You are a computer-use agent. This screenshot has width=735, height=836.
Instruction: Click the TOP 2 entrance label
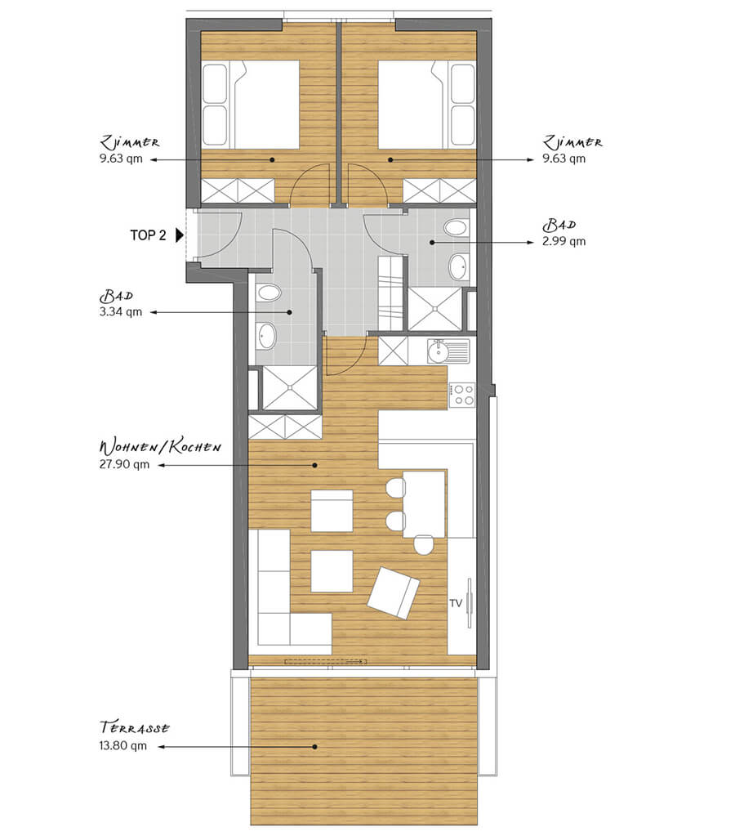(x=148, y=235)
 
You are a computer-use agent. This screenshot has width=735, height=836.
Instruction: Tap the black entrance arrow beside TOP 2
(x=180, y=235)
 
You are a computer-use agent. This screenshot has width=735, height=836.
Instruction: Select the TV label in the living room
(x=455, y=603)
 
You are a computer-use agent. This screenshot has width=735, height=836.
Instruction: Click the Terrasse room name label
(x=134, y=728)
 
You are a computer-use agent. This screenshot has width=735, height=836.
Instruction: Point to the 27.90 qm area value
(x=124, y=464)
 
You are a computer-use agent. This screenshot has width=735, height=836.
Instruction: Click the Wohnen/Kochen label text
(x=160, y=447)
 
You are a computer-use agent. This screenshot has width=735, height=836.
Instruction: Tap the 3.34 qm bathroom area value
(x=120, y=312)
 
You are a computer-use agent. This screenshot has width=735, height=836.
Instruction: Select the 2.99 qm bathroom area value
(x=564, y=241)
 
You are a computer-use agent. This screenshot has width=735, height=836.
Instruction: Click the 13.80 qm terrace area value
(x=122, y=745)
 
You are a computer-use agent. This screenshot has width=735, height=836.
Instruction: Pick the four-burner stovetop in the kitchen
(x=461, y=395)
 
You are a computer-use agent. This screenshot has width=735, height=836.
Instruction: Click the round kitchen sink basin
(x=438, y=352)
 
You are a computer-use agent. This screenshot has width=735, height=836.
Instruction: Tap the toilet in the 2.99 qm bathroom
(x=456, y=228)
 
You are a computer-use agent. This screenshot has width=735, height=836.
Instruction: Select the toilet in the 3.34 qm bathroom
(x=268, y=293)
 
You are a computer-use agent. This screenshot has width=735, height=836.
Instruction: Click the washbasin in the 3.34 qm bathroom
(x=266, y=335)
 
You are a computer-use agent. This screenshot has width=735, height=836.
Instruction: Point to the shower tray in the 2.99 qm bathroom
(x=434, y=309)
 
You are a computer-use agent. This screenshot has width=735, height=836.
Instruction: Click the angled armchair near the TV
(x=393, y=592)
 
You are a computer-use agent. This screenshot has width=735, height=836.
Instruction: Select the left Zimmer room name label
(x=130, y=142)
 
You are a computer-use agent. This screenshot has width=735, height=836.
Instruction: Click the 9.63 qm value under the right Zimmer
(x=564, y=159)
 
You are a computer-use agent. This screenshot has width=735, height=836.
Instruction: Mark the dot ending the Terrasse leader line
(x=314, y=747)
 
